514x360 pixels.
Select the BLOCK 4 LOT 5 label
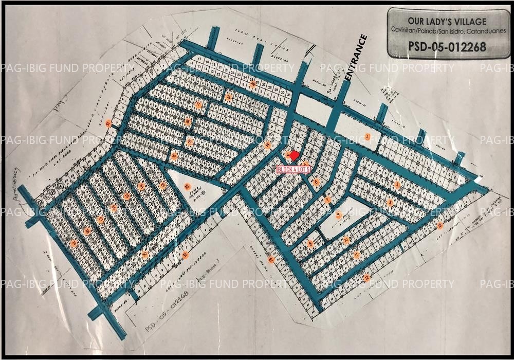[x=293, y=170]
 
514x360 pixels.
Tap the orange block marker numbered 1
[x=368, y=136]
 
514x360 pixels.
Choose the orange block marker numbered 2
[x=397, y=185]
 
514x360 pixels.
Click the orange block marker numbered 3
[x=390, y=203]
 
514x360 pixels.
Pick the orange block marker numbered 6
[x=317, y=182]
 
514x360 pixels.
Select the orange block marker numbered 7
[x=327, y=200]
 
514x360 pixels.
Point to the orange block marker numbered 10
[x=346, y=240]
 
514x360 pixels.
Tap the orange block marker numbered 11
[x=356, y=255]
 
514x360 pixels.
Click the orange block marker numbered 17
[x=198, y=105]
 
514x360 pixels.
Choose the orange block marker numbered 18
[x=188, y=122]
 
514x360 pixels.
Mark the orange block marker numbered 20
[x=174, y=156]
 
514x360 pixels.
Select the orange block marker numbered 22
[x=187, y=186]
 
